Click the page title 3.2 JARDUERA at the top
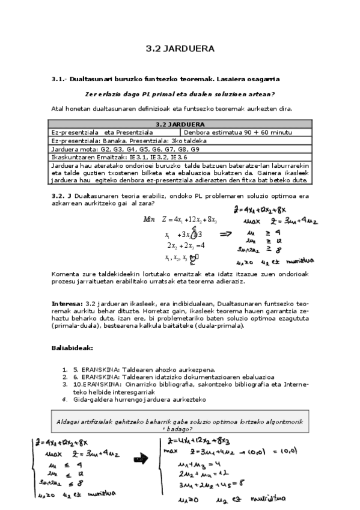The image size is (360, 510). click(x=180, y=49)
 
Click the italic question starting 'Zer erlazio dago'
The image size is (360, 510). click(x=180, y=94)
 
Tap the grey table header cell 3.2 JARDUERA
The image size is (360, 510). click(x=180, y=124)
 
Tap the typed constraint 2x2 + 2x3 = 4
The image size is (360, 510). click(x=186, y=245)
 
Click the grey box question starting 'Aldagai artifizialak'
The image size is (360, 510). click(x=180, y=425)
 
